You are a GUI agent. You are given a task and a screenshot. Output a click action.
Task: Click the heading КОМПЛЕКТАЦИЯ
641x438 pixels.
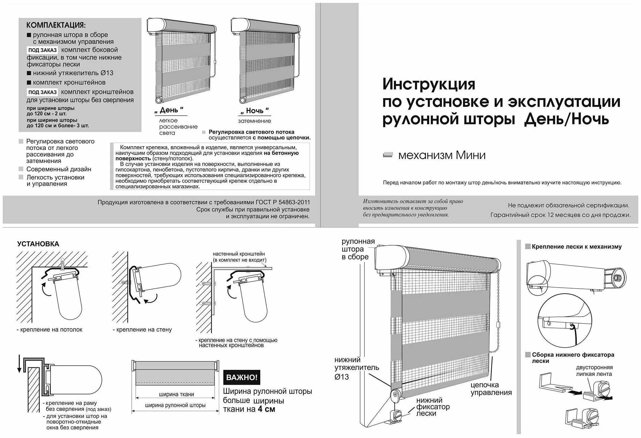pyautogui.click(x=56, y=25)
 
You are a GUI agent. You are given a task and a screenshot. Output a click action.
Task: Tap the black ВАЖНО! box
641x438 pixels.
pyautogui.click(x=241, y=377)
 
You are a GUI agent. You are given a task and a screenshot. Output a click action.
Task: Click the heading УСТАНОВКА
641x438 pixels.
pyautogui.click(x=38, y=244)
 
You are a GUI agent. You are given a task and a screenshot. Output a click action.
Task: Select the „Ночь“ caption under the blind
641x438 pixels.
pyautogui.click(x=254, y=111)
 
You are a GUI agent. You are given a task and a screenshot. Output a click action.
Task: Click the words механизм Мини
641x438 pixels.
pyautogui.click(x=442, y=155)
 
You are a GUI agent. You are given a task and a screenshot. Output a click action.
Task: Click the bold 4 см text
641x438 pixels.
pyautogui.click(x=266, y=409)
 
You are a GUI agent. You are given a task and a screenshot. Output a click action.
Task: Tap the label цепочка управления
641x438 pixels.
pyautogui.click(x=491, y=389)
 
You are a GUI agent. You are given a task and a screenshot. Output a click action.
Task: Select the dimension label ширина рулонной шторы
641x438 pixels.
pyautogui.click(x=175, y=405)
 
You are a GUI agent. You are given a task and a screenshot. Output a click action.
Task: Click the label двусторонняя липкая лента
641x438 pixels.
pyautogui.click(x=594, y=371)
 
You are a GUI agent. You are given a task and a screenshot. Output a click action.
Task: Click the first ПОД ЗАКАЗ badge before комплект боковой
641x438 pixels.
pyautogui.click(x=42, y=50)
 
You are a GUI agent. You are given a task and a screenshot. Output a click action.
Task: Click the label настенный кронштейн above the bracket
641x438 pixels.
pyautogui.click(x=238, y=254)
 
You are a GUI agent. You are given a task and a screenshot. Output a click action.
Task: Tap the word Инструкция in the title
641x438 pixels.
pyautogui.click(x=429, y=84)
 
